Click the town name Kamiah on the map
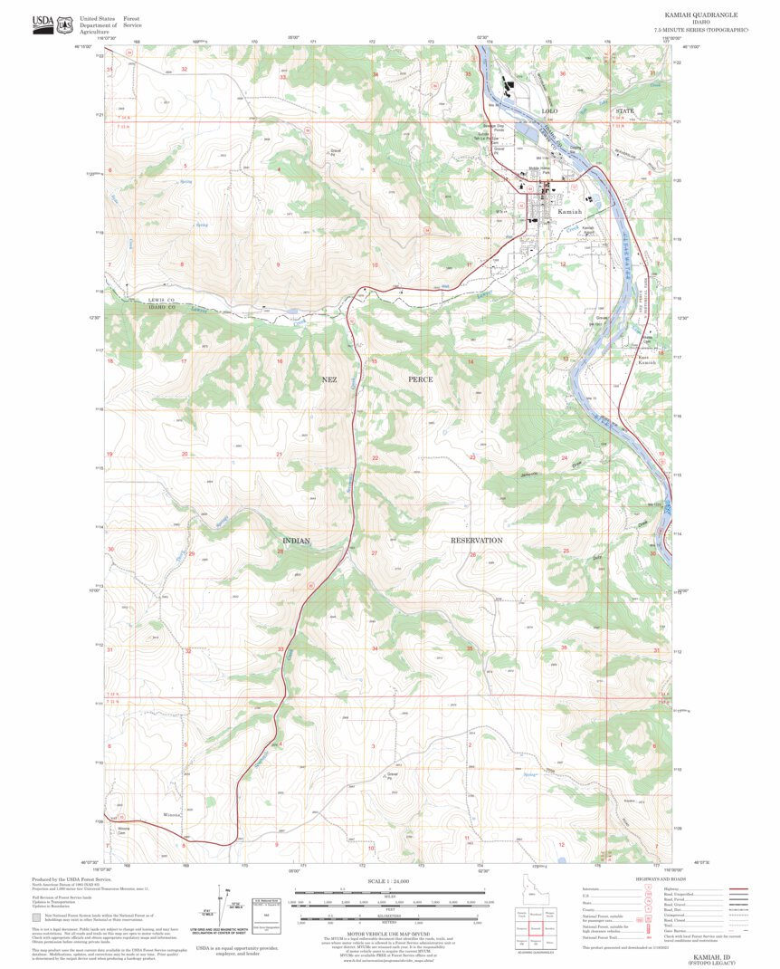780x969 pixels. point(570,210)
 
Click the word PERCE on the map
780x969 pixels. point(422,379)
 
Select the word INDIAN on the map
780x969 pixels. point(295,541)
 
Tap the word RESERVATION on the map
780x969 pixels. point(477,541)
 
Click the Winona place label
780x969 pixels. point(171,815)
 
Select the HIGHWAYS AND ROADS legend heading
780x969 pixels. point(659,879)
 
